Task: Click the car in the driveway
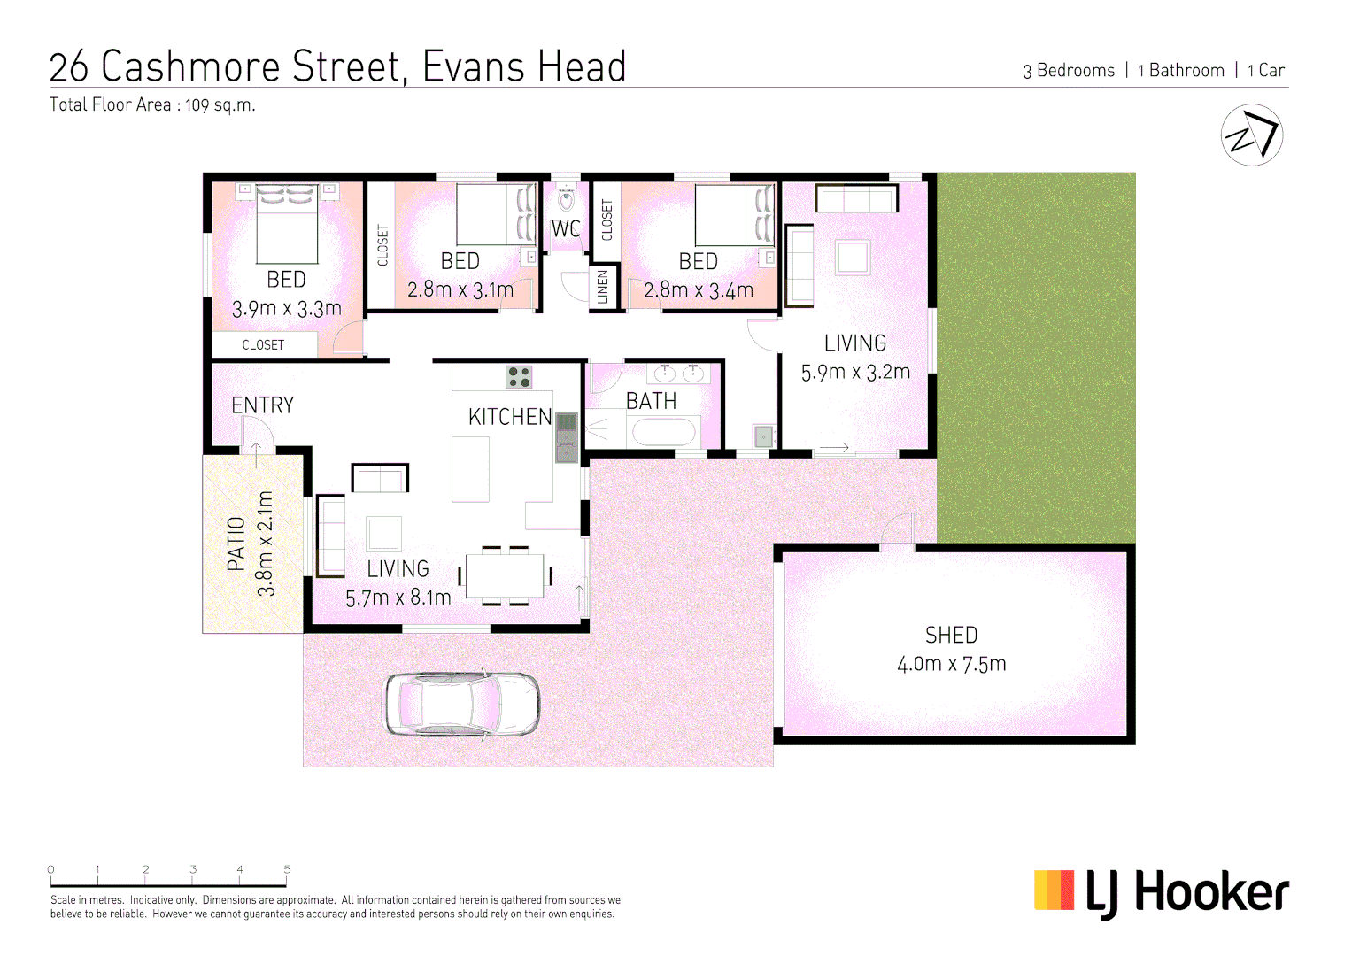(x=461, y=705)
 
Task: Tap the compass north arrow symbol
(x=1251, y=135)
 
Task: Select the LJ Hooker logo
(x=1161, y=892)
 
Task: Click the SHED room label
(x=951, y=636)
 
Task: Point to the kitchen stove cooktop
(x=519, y=377)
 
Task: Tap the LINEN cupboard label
(x=603, y=288)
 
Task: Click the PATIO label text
(x=236, y=544)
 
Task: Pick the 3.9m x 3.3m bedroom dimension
(x=286, y=309)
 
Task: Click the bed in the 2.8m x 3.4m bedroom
(x=733, y=215)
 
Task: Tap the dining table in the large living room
(x=505, y=576)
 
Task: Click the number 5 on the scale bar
(x=287, y=869)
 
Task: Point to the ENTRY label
(x=262, y=405)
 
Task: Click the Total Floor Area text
(x=152, y=105)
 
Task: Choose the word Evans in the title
(x=474, y=67)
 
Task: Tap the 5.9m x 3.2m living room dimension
(x=855, y=373)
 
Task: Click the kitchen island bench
(x=470, y=470)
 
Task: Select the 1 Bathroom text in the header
(x=1180, y=71)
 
